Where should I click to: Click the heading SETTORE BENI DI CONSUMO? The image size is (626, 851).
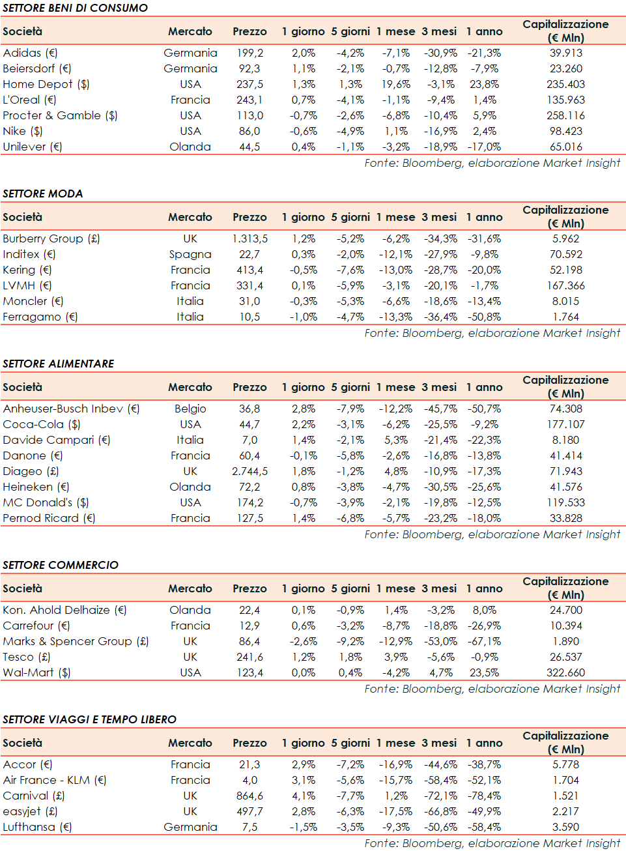pyautogui.click(x=75, y=8)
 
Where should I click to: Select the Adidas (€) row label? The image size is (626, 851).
pyautogui.click(x=30, y=53)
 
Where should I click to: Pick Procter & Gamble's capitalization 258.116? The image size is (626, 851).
pyautogui.click(x=565, y=115)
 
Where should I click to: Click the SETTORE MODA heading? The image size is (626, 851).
pyautogui.click(x=43, y=194)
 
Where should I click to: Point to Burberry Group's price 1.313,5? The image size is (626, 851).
pyautogui.click(x=249, y=238)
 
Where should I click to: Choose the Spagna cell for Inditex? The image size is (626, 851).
pyautogui.click(x=190, y=254)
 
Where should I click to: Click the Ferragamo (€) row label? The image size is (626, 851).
pyautogui.click(x=40, y=317)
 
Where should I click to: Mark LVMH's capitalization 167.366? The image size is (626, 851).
pyautogui.click(x=565, y=285)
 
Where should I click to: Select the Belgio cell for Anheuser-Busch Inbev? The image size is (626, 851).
pyautogui.click(x=190, y=409)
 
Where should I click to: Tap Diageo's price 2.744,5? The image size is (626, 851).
pyautogui.click(x=249, y=471)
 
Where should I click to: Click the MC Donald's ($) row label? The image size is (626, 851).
pyautogui.click(x=46, y=502)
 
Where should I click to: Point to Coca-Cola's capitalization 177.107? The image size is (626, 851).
pyautogui.click(x=565, y=424)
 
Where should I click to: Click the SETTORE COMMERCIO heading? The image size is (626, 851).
pyautogui.click(x=61, y=565)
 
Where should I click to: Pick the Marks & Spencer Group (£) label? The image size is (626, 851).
pyautogui.click(x=76, y=641)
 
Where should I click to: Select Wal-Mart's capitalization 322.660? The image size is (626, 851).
pyautogui.click(x=565, y=672)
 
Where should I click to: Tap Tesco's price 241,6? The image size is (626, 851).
pyautogui.click(x=249, y=657)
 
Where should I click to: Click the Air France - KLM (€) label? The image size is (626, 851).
pyautogui.click(x=55, y=780)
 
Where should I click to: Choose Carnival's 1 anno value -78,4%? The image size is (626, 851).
pyautogui.click(x=484, y=796)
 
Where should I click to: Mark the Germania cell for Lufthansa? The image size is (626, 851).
pyautogui.click(x=190, y=827)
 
